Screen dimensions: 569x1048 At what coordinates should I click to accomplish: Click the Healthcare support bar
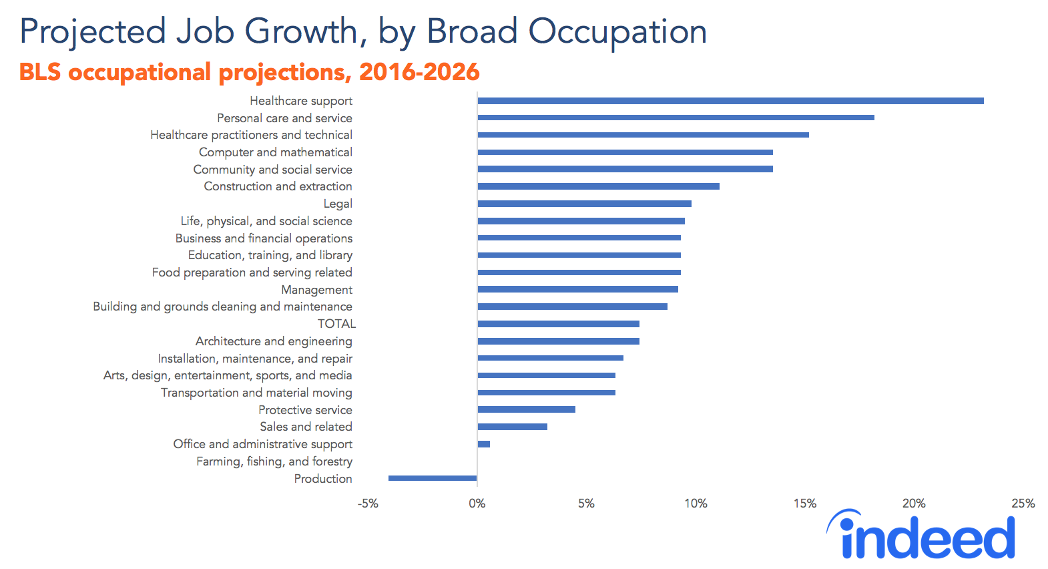tap(730, 101)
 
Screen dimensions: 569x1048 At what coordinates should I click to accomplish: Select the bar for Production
tap(433, 478)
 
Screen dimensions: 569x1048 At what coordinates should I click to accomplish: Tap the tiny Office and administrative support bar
tap(484, 444)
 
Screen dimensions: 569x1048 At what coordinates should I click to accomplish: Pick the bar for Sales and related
tap(512, 427)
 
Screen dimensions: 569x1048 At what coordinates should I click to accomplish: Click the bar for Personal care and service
tap(676, 118)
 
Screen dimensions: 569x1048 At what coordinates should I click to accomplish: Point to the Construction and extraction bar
tap(598, 186)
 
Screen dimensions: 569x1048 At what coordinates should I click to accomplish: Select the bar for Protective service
tap(526, 409)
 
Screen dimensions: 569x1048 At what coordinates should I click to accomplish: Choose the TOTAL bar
tap(558, 324)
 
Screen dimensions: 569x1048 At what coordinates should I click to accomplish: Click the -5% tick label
tap(368, 504)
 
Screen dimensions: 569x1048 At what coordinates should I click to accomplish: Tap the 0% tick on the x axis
tap(477, 504)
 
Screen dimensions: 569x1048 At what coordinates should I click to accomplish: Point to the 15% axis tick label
tap(804, 504)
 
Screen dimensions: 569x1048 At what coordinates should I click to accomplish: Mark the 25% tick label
tap(1023, 504)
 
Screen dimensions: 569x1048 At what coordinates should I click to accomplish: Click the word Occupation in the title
tap(617, 32)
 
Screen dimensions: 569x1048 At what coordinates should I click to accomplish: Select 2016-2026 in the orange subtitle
tap(419, 72)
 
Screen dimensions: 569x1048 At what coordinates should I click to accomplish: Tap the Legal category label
tap(338, 204)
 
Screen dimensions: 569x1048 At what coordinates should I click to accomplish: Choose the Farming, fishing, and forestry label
tap(274, 461)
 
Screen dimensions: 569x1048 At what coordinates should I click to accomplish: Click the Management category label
tap(316, 290)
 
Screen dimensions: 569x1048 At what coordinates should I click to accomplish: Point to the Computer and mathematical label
tap(275, 152)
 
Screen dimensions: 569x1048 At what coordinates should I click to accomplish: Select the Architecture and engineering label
tap(274, 341)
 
